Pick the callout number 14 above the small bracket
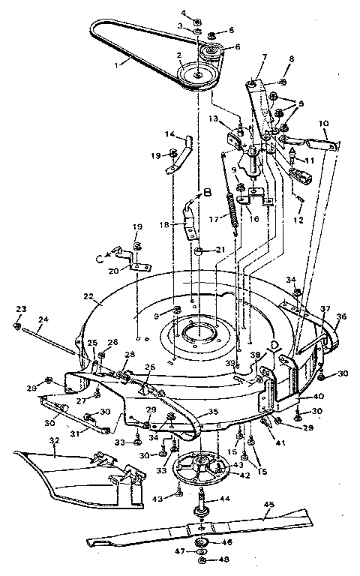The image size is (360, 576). pyautogui.click(x=171, y=134)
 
